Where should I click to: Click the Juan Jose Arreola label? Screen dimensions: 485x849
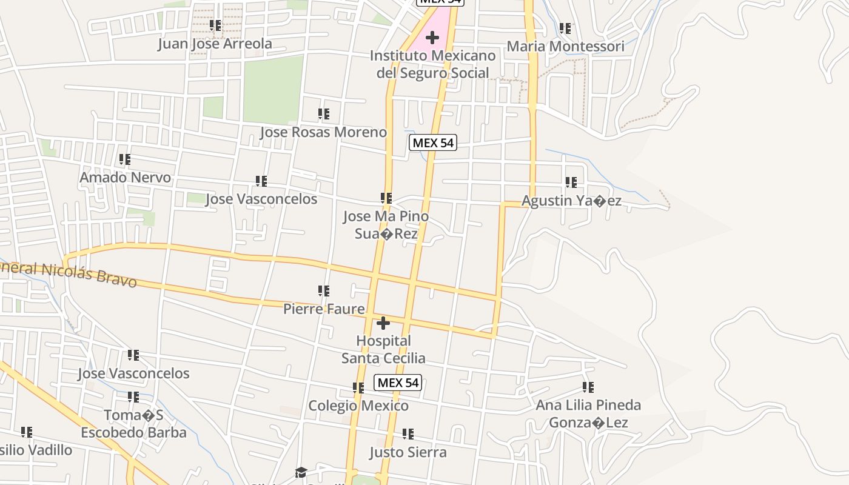215,44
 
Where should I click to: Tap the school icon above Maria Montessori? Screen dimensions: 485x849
565,28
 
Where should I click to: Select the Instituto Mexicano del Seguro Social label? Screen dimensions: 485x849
432,64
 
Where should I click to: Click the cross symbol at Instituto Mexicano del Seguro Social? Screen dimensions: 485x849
432,38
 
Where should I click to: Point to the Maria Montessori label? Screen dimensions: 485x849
565,46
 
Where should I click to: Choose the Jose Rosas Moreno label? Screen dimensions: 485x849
323,132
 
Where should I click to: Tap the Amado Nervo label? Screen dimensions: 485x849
126,178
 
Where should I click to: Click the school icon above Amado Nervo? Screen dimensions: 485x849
125,159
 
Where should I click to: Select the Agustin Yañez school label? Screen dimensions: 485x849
571,201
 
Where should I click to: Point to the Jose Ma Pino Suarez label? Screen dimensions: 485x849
386,225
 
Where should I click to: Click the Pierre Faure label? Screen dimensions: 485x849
324,309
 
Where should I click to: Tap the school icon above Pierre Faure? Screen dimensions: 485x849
324,291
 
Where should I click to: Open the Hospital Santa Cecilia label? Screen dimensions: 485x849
383,349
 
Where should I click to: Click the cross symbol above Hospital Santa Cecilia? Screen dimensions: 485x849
383,323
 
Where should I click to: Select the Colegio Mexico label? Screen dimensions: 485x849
358,405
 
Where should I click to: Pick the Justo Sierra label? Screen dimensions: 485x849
408,452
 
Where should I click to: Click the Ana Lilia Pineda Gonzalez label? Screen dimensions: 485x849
588,413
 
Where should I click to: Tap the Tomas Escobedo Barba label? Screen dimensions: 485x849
133,424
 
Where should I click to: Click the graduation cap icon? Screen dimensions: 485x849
301,472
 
